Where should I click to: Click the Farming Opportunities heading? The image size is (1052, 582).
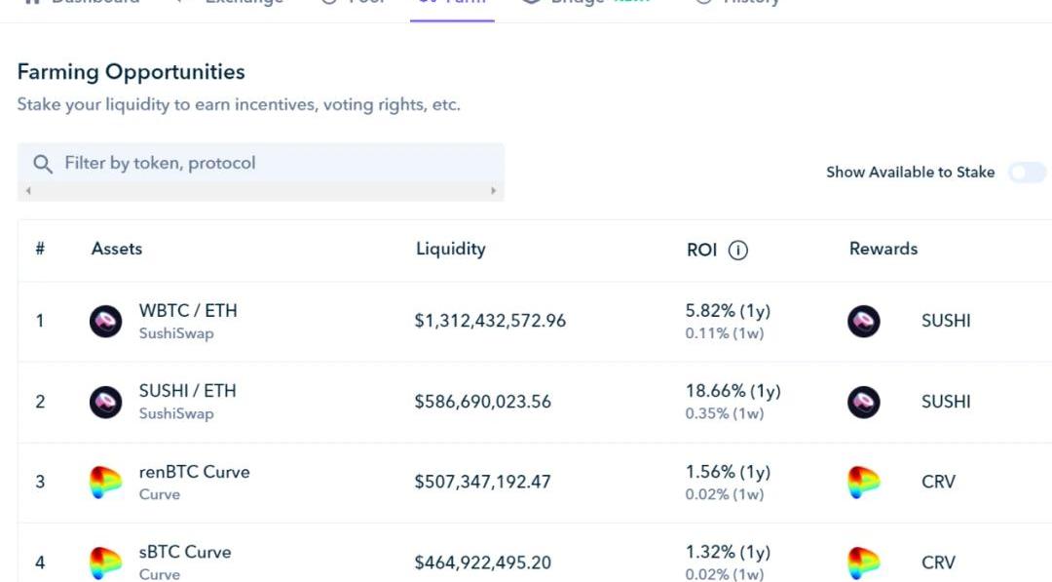tap(131, 72)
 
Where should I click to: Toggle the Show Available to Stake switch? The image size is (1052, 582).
tap(1027, 173)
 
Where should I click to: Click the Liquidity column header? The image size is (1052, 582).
tap(450, 249)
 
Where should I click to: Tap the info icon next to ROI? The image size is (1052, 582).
tap(738, 251)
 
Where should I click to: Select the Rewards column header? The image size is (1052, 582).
tap(883, 249)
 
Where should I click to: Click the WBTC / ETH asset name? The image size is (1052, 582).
tap(188, 311)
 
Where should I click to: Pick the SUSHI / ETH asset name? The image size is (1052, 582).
tap(187, 391)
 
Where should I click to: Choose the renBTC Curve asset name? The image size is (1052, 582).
tap(194, 472)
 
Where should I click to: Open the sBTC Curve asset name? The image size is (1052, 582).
tap(185, 552)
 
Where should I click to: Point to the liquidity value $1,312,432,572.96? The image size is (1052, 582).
tap(490, 321)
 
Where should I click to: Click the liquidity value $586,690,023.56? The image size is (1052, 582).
tap(482, 402)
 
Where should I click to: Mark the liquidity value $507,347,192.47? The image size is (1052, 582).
tap(482, 482)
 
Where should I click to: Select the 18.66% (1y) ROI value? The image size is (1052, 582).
tap(733, 391)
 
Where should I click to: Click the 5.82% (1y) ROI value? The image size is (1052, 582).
tap(728, 311)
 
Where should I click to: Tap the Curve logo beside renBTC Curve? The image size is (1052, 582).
tap(106, 482)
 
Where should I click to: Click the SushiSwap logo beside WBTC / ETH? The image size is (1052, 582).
tap(106, 321)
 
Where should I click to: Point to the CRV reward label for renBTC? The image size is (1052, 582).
tap(938, 482)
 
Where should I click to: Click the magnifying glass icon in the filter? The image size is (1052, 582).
tap(43, 163)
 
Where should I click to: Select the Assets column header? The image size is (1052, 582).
tap(117, 249)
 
